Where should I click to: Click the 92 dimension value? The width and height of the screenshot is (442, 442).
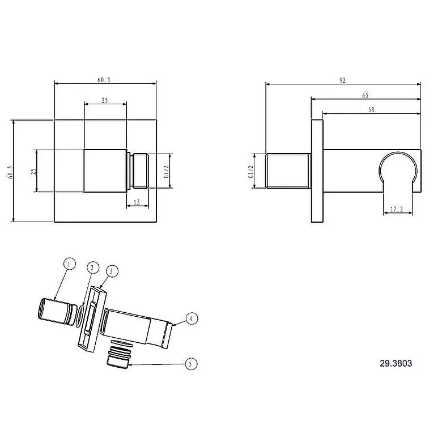tap(342, 80)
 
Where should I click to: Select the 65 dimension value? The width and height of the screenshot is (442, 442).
tap(365, 96)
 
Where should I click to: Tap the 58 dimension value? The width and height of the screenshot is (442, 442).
tap(371, 110)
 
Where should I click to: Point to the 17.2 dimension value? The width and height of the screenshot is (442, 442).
tap(397, 209)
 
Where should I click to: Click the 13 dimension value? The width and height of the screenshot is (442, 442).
tap(137, 202)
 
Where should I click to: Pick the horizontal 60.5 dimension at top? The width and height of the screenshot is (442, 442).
tap(104, 80)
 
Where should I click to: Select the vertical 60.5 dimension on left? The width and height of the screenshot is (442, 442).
tap(11, 172)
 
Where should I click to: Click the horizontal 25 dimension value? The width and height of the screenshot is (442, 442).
tap(105, 100)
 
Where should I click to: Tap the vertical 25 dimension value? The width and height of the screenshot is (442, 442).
tap(33, 171)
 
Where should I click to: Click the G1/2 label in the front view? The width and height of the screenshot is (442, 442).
tap(166, 171)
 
